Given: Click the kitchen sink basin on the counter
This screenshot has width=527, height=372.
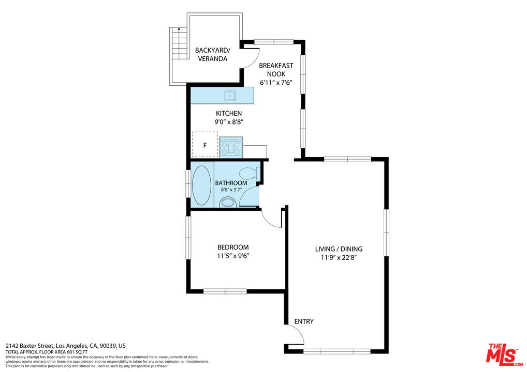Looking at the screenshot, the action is click(x=230, y=96).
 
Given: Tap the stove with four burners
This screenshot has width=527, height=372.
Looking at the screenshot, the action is click(x=231, y=147).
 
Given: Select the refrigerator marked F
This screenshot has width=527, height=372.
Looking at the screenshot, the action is click(x=205, y=145).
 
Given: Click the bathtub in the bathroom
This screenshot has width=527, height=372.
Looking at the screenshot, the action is click(x=202, y=185).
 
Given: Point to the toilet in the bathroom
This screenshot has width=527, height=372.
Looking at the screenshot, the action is click(x=249, y=174).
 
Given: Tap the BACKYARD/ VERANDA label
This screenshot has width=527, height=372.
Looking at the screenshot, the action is click(x=213, y=54).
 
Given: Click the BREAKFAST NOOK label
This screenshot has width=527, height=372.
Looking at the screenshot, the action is click(x=276, y=70).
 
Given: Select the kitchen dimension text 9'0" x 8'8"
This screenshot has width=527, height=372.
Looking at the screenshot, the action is click(x=229, y=122).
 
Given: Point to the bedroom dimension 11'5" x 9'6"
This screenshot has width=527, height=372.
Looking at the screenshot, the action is click(x=233, y=256).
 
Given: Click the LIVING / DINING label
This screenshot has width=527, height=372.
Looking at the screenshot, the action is click(x=339, y=249).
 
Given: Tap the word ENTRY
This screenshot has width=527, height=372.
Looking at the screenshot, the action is click(x=304, y=321).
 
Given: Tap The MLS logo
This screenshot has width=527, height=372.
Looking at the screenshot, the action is click(x=505, y=354).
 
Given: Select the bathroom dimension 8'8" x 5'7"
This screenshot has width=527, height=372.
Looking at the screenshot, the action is click(x=231, y=190).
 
